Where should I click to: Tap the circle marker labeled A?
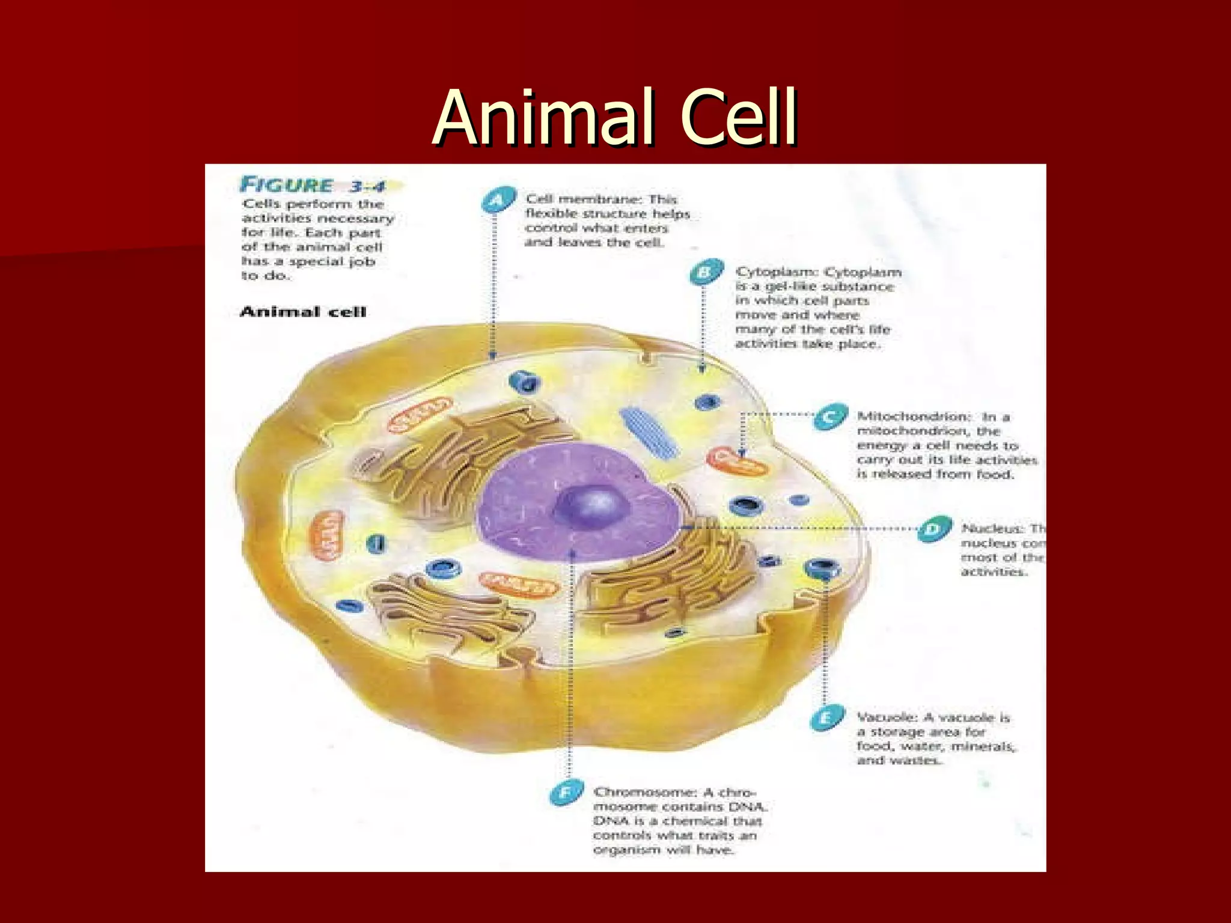click(x=498, y=200)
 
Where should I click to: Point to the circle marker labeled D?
click(x=934, y=529)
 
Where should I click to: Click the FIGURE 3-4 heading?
click(x=313, y=185)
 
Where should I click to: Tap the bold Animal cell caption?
click(x=303, y=311)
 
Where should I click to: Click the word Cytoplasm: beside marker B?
click(x=776, y=272)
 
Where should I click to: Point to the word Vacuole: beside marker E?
click(x=887, y=717)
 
